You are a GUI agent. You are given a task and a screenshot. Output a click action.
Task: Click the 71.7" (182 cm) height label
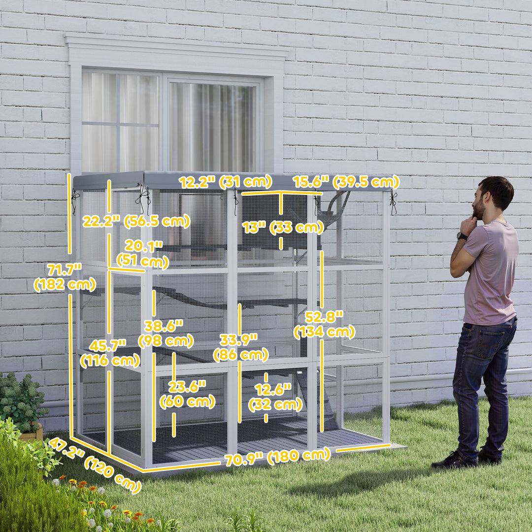[65, 277]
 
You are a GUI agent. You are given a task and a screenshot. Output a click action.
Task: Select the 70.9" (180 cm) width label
[277, 457]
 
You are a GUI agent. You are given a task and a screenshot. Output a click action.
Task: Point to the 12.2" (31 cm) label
[225, 182]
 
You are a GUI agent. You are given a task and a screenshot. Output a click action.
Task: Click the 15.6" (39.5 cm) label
[346, 182]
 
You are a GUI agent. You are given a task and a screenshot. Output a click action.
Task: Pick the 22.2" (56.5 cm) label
[136, 222]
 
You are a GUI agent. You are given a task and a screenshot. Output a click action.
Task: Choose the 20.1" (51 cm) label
[142, 254]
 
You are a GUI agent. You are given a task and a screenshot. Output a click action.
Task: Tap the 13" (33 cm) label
[283, 227]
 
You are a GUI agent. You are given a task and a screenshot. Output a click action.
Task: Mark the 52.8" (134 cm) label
[324, 324]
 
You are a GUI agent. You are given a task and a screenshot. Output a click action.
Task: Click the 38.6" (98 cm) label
[166, 333]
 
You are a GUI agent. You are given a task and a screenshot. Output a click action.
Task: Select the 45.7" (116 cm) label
[110, 353]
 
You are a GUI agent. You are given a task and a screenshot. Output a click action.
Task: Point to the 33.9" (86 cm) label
[240, 347]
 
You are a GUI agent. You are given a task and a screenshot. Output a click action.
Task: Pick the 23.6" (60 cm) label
[187, 394]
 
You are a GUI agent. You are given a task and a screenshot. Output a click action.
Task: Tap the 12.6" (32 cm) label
[275, 397]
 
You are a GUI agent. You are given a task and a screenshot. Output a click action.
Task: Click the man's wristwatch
[462, 236]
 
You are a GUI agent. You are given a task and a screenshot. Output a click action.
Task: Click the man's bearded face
[479, 203]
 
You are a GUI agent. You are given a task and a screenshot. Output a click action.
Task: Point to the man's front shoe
[454, 461]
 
